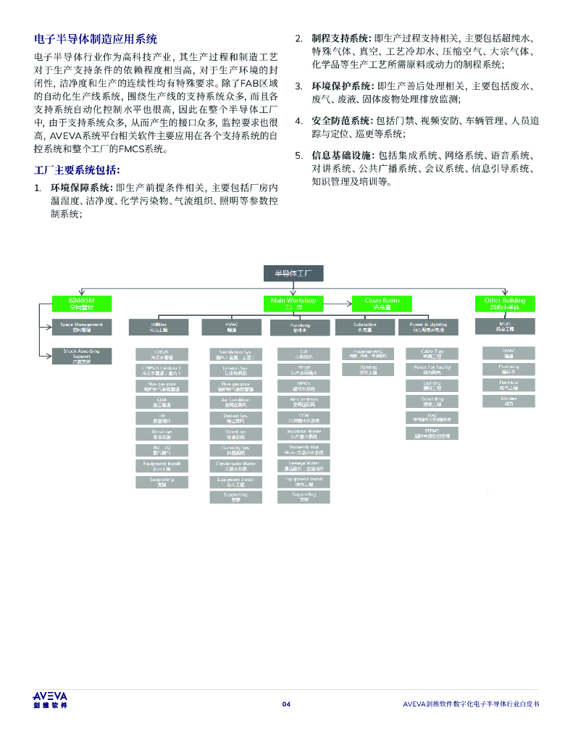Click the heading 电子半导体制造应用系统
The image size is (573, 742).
click(x=96, y=38)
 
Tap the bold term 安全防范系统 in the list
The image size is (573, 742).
click(x=340, y=120)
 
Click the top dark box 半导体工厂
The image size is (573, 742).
click(x=293, y=273)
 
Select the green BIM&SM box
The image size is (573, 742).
click(x=81, y=302)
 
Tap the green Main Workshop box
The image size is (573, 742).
click(x=293, y=302)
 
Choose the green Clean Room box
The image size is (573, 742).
click(x=382, y=302)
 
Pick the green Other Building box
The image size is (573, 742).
click(x=505, y=302)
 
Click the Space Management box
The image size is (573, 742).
click(x=81, y=327)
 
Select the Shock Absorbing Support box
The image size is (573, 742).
click(x=81, y=354)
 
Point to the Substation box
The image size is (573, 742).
click(x=365, y=327)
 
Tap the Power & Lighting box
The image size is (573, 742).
click(x=428, y=327)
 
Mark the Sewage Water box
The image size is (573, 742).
click(x=304, y=464)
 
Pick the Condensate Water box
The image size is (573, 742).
click(x=235, y=464)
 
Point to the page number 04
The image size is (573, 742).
click(x=286, y=704)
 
